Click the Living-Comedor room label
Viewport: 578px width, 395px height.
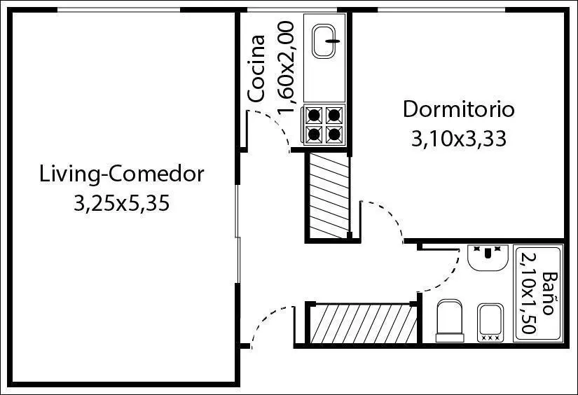pos(122,174)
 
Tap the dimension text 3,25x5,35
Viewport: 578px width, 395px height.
pos(122,203)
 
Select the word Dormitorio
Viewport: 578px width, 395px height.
pos(458,109)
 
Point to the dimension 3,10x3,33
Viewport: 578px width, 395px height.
pos(458,139)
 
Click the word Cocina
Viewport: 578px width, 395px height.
pos(256,68)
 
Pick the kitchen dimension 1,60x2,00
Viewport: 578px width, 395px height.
pos(286,67)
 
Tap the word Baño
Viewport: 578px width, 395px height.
pos(548,293)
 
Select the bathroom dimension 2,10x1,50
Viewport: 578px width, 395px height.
pos(528,293)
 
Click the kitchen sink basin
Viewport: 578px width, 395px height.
pos(324,41)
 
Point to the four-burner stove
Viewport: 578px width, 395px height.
pos(324,125)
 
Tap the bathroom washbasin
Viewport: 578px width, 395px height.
pos(488,258)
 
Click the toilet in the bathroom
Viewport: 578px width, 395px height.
pos(449,321)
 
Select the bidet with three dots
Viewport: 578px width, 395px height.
pos(490,323)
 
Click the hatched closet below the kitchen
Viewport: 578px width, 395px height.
pos(329,195)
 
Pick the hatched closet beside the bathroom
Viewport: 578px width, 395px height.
pos(364,324)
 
